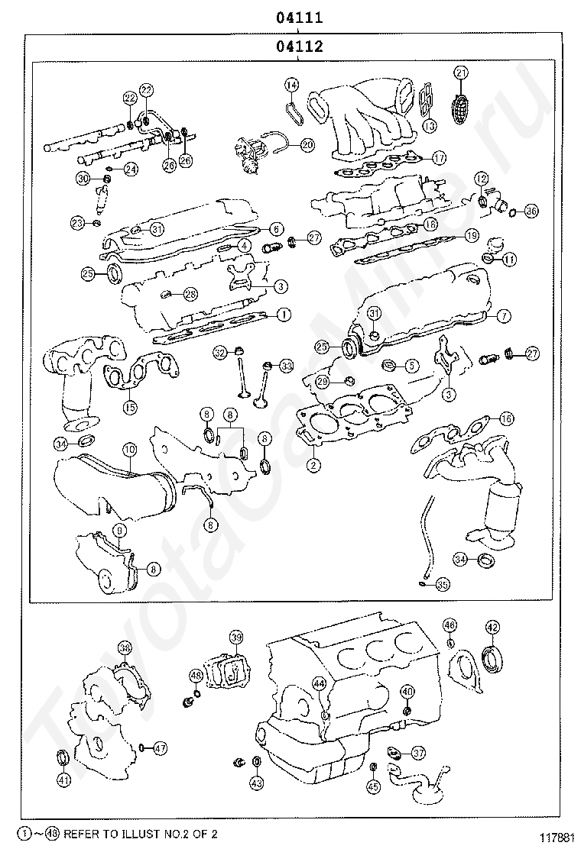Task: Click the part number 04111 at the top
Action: point(299,17)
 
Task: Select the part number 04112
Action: point(299,47)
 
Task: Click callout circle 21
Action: point(460,73)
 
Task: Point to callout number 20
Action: point(307,144)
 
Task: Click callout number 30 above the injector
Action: point(83,179)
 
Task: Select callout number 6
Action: point(276,228)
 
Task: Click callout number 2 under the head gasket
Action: point(313,463)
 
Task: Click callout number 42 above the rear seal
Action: point(492,628)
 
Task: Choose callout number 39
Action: point(235,638)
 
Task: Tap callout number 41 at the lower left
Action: point(63,780)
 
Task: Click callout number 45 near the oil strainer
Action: point(373,786)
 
